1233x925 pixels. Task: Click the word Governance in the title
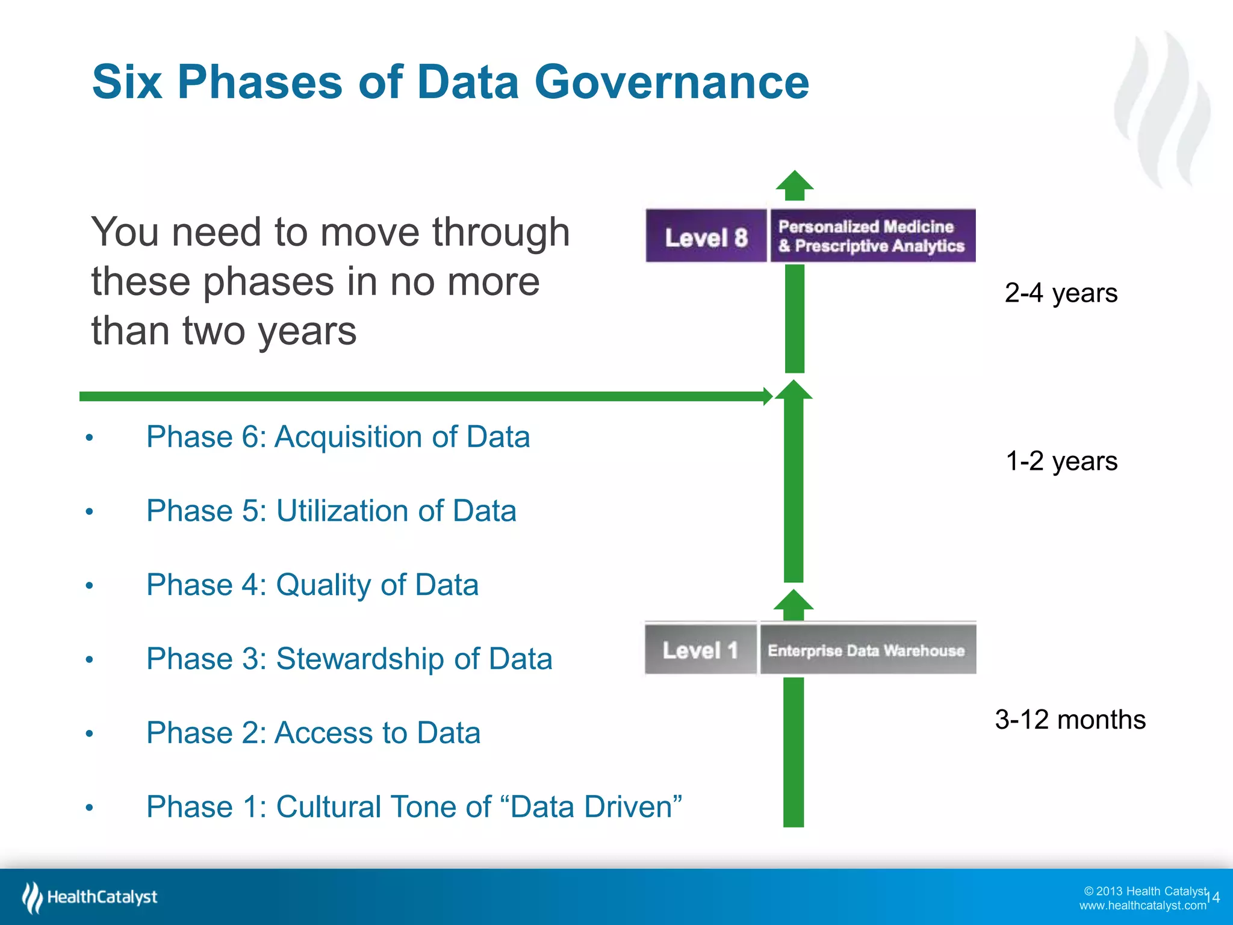671,83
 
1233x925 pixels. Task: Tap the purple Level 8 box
706,236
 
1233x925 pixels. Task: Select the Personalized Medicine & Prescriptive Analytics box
872,236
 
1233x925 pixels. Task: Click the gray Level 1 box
700,650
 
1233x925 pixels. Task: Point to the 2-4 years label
1061,293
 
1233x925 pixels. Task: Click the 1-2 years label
1061,461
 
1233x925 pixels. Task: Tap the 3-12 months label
1070,720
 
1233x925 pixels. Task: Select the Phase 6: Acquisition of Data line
338,437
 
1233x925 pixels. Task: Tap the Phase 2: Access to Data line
313,733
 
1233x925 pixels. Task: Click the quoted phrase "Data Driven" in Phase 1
596,806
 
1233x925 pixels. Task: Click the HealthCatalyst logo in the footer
90,897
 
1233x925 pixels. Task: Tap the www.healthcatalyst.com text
1142,906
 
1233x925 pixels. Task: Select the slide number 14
1214,897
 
